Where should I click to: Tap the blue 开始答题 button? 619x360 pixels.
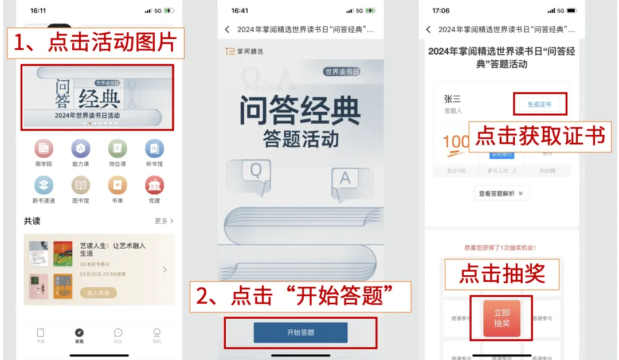[300, 332]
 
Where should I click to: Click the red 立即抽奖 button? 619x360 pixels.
[502, 318]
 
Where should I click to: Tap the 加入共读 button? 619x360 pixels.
[101, 293]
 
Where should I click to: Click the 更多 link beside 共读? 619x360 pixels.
[164, 221]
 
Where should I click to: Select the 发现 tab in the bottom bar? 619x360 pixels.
[79, 336]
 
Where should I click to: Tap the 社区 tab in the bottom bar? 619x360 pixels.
[118, 336]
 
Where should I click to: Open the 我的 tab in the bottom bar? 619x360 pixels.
[156, 336]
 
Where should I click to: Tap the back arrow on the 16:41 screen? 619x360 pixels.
[227, 29]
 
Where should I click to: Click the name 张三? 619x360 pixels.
[452, 99]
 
